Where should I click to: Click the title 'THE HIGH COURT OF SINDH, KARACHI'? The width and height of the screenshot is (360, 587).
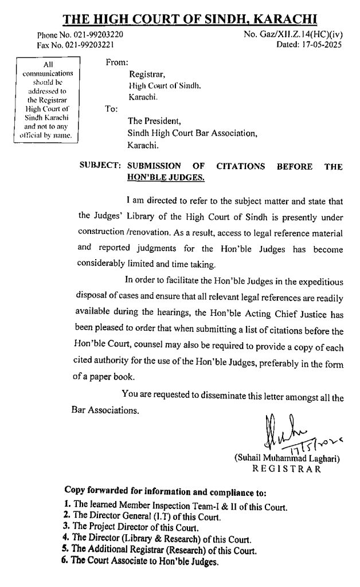[190, 19]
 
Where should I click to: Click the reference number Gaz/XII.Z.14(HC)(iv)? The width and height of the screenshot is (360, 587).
[302, 35]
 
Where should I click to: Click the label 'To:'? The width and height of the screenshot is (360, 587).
[111, 108]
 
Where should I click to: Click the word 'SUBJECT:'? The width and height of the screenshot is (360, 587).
[98, 167]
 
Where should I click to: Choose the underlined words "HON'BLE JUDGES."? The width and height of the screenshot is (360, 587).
[166, 178]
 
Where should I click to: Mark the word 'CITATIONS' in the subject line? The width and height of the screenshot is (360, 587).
[241, 167]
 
